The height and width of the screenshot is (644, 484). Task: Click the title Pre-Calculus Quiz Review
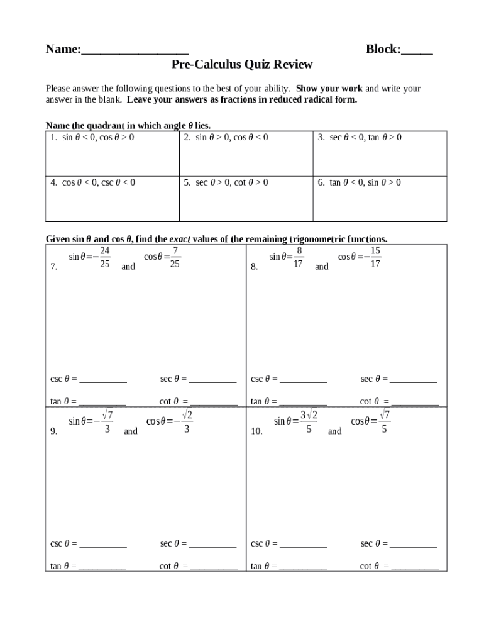[x=242, y=65]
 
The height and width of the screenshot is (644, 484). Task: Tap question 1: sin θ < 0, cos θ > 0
[x=92, y=137]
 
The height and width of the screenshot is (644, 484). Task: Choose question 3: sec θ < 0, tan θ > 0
[x=360, y=137]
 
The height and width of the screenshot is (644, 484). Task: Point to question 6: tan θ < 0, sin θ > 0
[x=360, y=182]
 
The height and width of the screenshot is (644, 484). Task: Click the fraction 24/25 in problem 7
[x=105, y=257]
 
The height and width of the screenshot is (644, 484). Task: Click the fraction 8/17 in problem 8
[x=299, y=257]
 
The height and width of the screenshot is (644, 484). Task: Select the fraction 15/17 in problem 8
[x=375, y=257]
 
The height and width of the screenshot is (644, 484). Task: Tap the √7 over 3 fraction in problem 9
[x=107, y=421]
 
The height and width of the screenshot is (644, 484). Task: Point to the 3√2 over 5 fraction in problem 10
[x=309, y=421]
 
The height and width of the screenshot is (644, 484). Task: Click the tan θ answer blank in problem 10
[x=303, y=568]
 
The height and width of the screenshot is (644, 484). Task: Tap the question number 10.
[x=256, y=431]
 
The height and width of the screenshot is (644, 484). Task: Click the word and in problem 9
[x=131, y=431]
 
